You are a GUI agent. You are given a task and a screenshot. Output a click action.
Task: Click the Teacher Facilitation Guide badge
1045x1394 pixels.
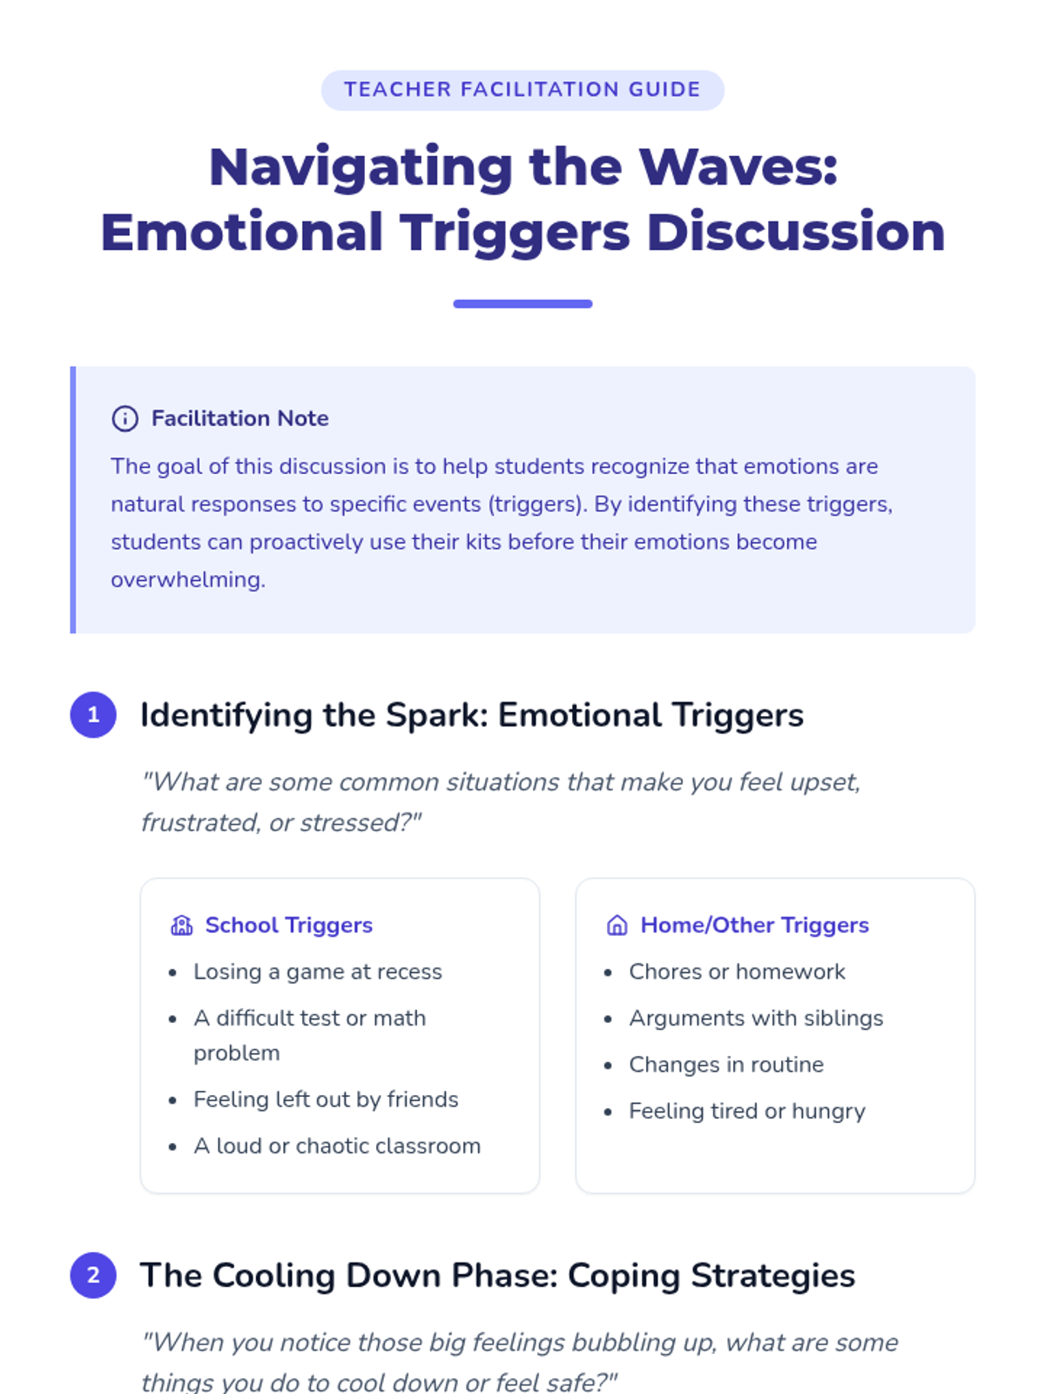[x=522, y=90]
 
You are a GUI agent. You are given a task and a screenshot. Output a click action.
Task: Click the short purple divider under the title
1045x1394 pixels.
[x=522, y=304]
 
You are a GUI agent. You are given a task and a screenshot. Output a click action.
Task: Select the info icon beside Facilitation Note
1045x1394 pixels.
[x=125, y=419]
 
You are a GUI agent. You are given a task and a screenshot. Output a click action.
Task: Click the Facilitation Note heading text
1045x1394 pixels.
[x=239, y=418]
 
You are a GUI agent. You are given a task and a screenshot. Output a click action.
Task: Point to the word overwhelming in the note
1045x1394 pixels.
[x=187, y=579]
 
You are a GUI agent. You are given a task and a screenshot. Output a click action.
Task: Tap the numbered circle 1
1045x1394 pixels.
[x=93, y=715]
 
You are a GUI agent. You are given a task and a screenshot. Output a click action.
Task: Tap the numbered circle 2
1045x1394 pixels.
[x=93, y=1276]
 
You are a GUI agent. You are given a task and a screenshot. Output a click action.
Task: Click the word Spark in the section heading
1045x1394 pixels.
[x=437, y=715]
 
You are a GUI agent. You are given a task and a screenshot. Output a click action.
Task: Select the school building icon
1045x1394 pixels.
[x=181, y=925]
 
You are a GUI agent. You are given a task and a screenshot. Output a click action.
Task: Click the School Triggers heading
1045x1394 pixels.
[x=288, y=925]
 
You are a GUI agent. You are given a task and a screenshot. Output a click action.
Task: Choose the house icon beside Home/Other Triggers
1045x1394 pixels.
[x=617, y=925]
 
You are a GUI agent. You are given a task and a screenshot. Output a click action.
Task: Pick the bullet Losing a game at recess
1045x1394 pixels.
[x=318, y=971]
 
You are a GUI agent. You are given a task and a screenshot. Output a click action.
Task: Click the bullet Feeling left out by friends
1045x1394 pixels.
[x=326, y=1100]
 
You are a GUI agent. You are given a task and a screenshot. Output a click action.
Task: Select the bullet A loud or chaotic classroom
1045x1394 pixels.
[x=337, y=1146]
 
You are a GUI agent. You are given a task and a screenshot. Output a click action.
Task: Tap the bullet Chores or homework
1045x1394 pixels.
[x=737, y=971]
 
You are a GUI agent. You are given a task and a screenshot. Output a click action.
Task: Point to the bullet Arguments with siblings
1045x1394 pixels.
[x=756, y=1018]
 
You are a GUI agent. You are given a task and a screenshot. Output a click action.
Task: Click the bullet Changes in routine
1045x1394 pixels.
[x=726, y=1065]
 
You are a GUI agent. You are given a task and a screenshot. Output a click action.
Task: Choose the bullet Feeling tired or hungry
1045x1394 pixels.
[x=747, y=1111]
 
